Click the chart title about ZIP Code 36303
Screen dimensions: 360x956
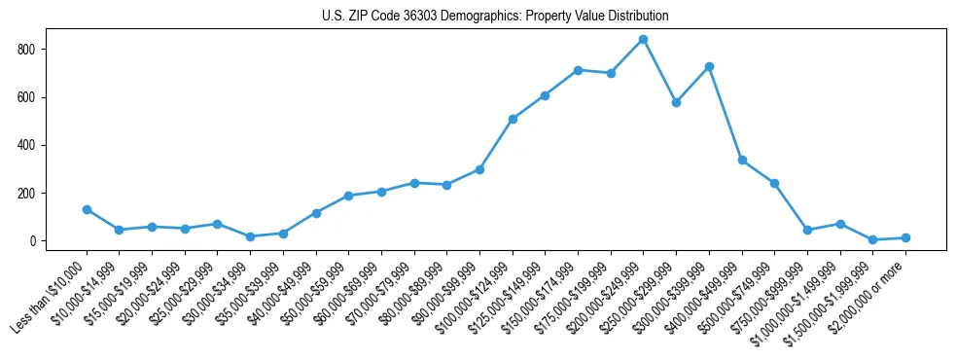[x=495, y=17]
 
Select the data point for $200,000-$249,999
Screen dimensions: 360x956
[x=643, y=40]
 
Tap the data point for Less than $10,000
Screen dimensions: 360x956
[x=87, y=209]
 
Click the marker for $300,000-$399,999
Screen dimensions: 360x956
[x=709, y=66]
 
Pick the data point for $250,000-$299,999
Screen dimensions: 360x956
[x=676, y=102]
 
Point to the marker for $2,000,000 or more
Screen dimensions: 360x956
[x=905, y=237]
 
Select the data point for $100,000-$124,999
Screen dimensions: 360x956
[x=513, y=119]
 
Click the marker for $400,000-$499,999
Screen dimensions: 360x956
[x=742, y=160]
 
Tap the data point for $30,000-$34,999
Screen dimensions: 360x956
[x=250, y=236]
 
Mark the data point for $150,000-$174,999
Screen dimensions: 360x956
[x=578, y=70]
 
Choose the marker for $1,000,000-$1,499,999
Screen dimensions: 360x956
[x=840, y=224]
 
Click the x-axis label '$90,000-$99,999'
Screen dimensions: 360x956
[x=444, y=292]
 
